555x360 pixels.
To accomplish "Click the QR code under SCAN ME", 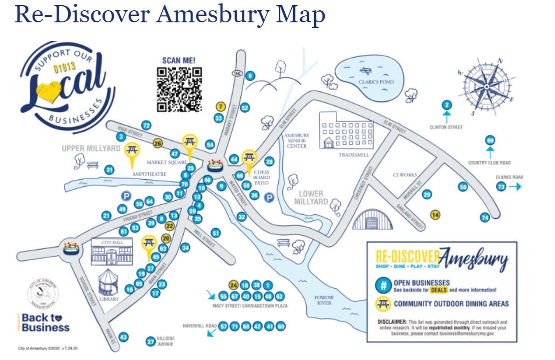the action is [x=179, y=89].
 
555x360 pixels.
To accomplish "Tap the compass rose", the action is [x=486, y=86].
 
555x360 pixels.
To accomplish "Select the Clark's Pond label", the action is [x=376, y=82].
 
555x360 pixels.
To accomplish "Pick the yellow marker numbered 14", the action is [x=436, y=215].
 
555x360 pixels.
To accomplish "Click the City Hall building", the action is [x=111, y=253].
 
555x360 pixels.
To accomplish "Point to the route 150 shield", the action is [x=236, y=74].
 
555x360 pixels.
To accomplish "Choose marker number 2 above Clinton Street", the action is [x=447, y=105].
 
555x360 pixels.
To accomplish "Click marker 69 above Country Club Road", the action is [x=490, y=141].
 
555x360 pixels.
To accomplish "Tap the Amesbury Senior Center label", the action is [x=296, y=141].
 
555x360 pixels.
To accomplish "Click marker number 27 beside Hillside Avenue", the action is [x=151, y=341].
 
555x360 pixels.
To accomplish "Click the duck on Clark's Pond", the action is [x=365, y=70].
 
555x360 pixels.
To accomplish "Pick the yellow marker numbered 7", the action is [x=221, y=107].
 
